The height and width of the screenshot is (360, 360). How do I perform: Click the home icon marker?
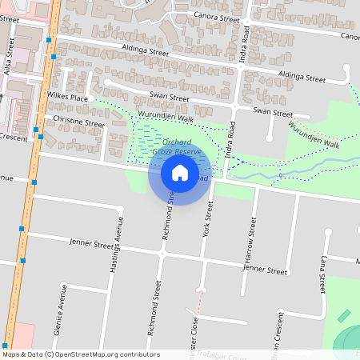(x=179, y=172)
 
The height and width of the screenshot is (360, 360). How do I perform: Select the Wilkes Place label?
(x=68, y=98)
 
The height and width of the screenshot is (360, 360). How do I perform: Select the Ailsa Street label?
(x=10, y=58)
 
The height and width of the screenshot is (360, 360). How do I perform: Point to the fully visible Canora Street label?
(x=214, y=18)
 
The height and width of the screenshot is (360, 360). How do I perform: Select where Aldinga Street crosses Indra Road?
(x=239, y=69)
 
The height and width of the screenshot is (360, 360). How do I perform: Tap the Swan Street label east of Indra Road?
(x=273, y=112)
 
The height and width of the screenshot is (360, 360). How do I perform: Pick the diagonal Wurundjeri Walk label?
(x=314, y=135)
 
